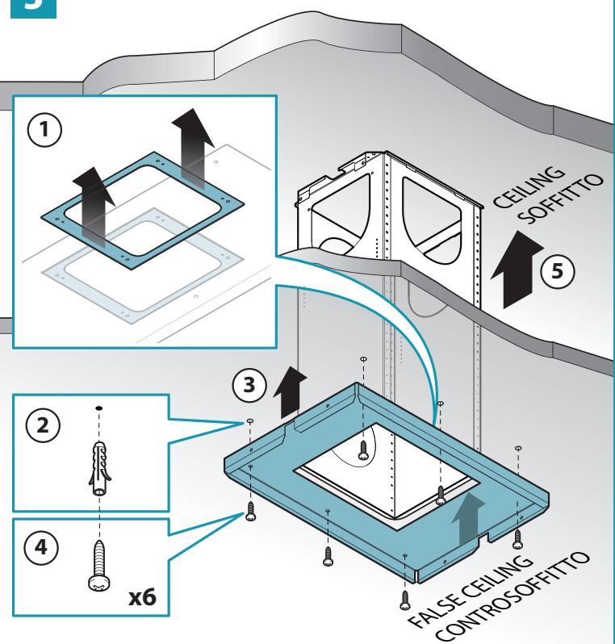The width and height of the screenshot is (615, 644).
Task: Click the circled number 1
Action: pos(44,129)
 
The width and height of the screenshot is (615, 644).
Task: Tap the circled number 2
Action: pos(43,424)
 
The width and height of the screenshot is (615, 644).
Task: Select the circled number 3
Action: pos(249,385)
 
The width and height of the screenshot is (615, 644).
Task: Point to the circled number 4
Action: pos(41,547)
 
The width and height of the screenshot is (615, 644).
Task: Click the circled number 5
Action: pos(557,271)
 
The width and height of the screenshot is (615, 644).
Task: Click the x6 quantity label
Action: pos(142,596)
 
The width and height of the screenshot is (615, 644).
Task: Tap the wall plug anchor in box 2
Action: pos(99,468)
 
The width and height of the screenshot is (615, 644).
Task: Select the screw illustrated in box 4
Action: pos(99,566)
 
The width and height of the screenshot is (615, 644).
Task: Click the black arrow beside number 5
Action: pos(517,269)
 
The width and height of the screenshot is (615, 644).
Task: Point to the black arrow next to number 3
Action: pos(290,392)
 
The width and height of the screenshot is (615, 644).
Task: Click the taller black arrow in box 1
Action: pos(193,148)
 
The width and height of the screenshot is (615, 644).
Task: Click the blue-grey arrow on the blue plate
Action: pos(467,520)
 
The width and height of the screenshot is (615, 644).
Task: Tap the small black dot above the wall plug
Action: pos(99,408)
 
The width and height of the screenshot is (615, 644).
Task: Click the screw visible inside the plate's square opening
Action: pos(362,450)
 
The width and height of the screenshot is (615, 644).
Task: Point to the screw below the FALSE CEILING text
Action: pos(405,600)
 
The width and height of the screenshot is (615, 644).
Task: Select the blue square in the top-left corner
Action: pos(33,8)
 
